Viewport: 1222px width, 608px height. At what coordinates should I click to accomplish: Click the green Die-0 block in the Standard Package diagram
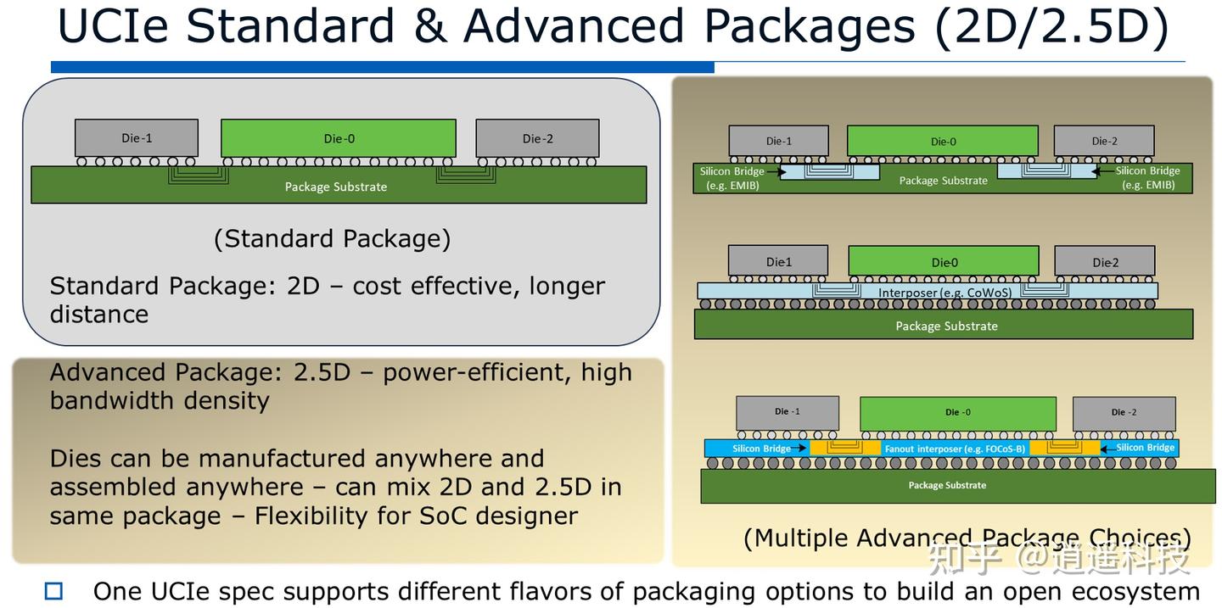pos(338,138)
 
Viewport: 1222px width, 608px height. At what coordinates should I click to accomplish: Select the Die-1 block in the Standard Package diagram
pos(136,138)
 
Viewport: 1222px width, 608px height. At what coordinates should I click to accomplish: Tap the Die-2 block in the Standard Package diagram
pos(537,138)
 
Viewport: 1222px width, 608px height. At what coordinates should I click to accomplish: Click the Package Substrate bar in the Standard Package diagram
pos(336,187)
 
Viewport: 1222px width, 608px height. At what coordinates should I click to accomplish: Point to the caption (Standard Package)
pos(332,238)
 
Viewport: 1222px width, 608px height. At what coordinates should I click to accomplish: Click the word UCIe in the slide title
pos(113,27)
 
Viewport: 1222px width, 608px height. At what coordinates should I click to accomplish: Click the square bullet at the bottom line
pos(53,591)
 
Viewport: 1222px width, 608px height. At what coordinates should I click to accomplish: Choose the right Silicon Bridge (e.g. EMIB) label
pos(1147,178)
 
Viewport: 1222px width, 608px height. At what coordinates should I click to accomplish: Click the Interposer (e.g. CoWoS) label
pos(932,293)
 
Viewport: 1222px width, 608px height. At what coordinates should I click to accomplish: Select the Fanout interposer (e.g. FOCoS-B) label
pos(955,449)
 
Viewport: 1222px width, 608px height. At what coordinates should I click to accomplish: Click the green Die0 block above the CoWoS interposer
pos(944,262)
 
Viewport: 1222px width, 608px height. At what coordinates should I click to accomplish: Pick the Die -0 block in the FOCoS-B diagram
pos(957,413)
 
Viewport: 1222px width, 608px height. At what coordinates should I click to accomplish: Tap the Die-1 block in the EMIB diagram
pos(778,142)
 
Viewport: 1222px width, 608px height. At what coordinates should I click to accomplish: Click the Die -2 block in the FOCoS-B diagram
pos(1124,413)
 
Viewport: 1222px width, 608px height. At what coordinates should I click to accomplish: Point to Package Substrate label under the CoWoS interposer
pos(946,326)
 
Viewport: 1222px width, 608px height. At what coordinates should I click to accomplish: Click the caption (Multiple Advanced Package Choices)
pos(967,538)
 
